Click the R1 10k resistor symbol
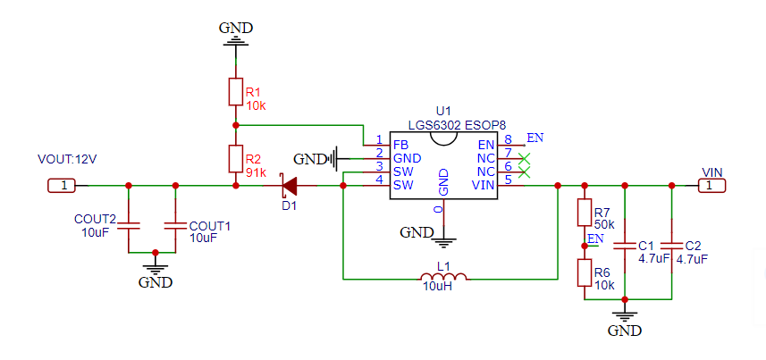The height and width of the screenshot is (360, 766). pos(235,91)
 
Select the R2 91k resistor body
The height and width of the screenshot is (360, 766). pos(235,159)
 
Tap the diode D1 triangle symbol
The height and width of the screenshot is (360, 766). pos(290,186)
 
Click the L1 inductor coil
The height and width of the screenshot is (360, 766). pos(443,276)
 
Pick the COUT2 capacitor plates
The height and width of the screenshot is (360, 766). pos(129,226)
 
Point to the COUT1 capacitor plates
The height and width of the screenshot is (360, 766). pos(175,226)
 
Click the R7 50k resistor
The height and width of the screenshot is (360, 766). pos(585,213)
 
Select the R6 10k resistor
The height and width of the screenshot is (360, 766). pos(585,273)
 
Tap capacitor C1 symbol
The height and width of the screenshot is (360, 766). pos(624,245)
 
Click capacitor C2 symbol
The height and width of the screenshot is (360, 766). pos(671,245)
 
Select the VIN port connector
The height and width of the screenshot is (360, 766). pos(711,186)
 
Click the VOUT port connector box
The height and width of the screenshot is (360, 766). pos(62,186)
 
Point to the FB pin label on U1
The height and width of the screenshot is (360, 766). pos(400,145)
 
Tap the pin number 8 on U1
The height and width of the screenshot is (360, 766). pos(508,138)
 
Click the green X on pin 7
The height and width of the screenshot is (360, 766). pos(524,158)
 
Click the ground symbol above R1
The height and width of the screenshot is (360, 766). pos(235,43)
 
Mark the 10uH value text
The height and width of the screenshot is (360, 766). pos(437,287)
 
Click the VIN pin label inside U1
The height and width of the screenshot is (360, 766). pos(484,186)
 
